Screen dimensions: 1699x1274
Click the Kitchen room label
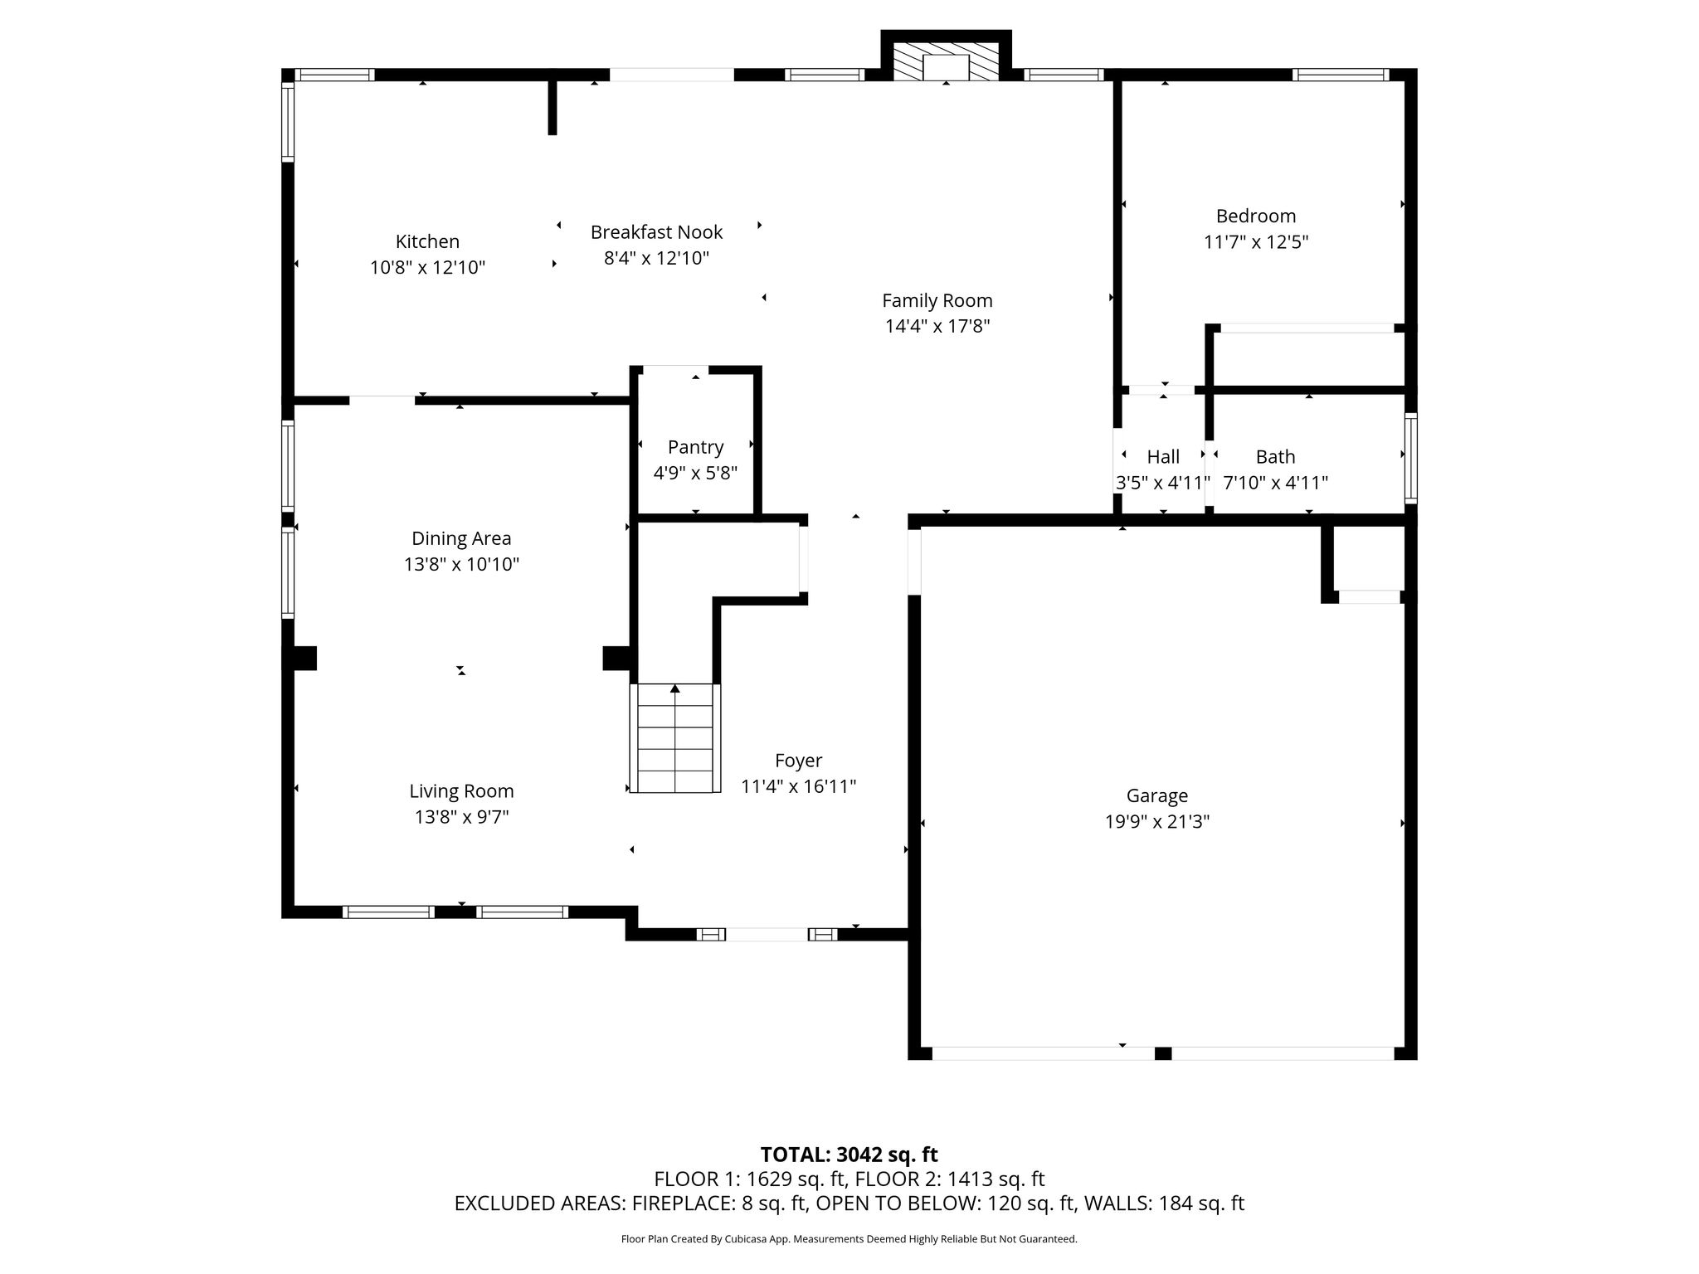coord(427,241)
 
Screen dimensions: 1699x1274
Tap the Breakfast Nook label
coord(656,232)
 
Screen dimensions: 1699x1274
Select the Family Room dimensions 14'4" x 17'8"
coord(937,326)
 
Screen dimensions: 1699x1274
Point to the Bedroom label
coord(1256,216)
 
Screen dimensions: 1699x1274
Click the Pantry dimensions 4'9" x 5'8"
coord(695,473)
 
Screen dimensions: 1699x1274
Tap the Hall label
coord(1163,456)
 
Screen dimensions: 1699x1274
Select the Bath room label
coord(1275,456)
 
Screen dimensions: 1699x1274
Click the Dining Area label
coord(461,538)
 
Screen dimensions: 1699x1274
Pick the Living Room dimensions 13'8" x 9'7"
coord(461,817)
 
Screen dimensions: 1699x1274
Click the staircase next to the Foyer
coord(675,738)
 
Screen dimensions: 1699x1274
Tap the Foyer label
coord(798,761)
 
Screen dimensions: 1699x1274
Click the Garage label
coord(1156,796)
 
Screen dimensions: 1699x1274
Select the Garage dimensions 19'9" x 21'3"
coord(1156,822)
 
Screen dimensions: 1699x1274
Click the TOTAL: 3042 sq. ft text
coord(849,1155)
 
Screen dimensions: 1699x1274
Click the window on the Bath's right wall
coord(1410,458)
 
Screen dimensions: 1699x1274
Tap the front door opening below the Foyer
coord(767,935)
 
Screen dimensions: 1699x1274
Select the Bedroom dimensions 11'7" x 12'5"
coord(1256,242)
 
